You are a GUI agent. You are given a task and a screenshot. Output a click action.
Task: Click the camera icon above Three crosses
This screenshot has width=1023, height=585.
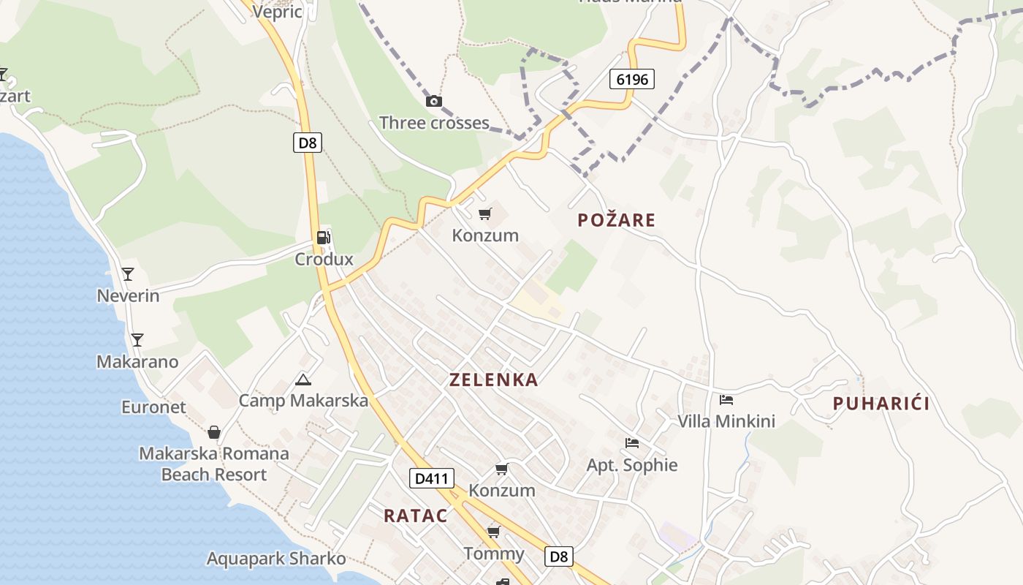[x=434, y=101]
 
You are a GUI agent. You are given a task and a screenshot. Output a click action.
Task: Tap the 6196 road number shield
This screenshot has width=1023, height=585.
[x=631, y=79]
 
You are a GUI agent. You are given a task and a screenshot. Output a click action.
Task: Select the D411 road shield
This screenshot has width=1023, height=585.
[x=431, y=479]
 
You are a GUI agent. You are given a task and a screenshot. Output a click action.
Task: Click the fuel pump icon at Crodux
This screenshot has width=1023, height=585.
[x=323, y=237]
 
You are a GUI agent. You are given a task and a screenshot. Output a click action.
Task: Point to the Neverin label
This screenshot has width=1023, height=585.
[x=128, y=295]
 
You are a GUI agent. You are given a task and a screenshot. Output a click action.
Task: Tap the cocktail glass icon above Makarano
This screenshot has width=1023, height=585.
[x=137, y=339]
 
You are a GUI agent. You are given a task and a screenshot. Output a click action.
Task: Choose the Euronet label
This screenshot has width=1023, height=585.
[x=153, y=407]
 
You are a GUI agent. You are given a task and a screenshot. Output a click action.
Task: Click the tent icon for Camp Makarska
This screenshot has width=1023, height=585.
[x=303, y=380]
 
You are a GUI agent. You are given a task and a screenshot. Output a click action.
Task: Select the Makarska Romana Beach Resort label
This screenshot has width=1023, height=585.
[x=214, y=464]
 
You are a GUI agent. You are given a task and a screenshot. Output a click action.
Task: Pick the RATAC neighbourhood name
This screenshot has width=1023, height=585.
[x=415, y=516]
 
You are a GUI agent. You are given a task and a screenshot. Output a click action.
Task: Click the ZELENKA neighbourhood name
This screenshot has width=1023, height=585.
[x=494, y=380]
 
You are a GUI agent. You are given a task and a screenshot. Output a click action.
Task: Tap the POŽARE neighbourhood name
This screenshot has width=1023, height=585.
[x=616, y=219]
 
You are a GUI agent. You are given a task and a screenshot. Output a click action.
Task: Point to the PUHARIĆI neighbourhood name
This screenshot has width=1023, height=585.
[x=881, y=403]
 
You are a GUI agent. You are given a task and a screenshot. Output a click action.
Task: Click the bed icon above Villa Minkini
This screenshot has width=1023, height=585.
[x=726, y=399]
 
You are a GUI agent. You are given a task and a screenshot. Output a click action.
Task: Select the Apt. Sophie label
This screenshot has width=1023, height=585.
[x=632, y=465]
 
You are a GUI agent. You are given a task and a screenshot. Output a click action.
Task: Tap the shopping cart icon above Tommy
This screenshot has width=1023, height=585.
[x=494, y=531]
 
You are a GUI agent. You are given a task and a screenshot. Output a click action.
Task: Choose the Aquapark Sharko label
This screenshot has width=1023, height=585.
[x=276, y=559]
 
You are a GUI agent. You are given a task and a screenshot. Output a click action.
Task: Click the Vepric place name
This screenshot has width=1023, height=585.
[x=278, y=12]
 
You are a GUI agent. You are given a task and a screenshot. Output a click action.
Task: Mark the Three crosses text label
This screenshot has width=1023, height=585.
[x=434, y=122]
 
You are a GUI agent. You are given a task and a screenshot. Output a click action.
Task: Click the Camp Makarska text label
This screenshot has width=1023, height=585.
[x=303, y=401]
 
